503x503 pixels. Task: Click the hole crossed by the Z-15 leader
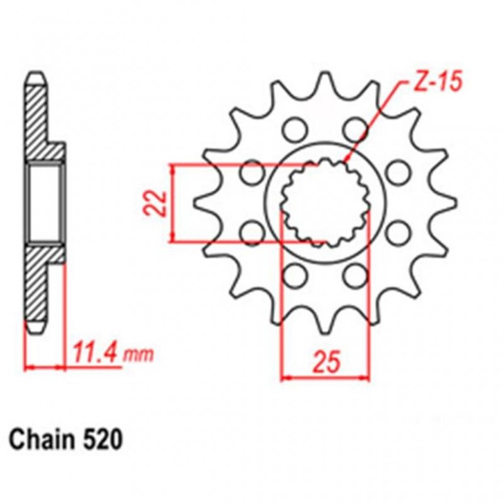pyautogui.click(x=356, y=130)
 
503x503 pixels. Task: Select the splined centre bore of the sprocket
pyautogui.click(x=324, y=202)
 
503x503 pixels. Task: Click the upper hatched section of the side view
pyautogui.click(x=40, y=119)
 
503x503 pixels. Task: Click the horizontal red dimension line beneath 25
pyautogui.click(x=324, y=378)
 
